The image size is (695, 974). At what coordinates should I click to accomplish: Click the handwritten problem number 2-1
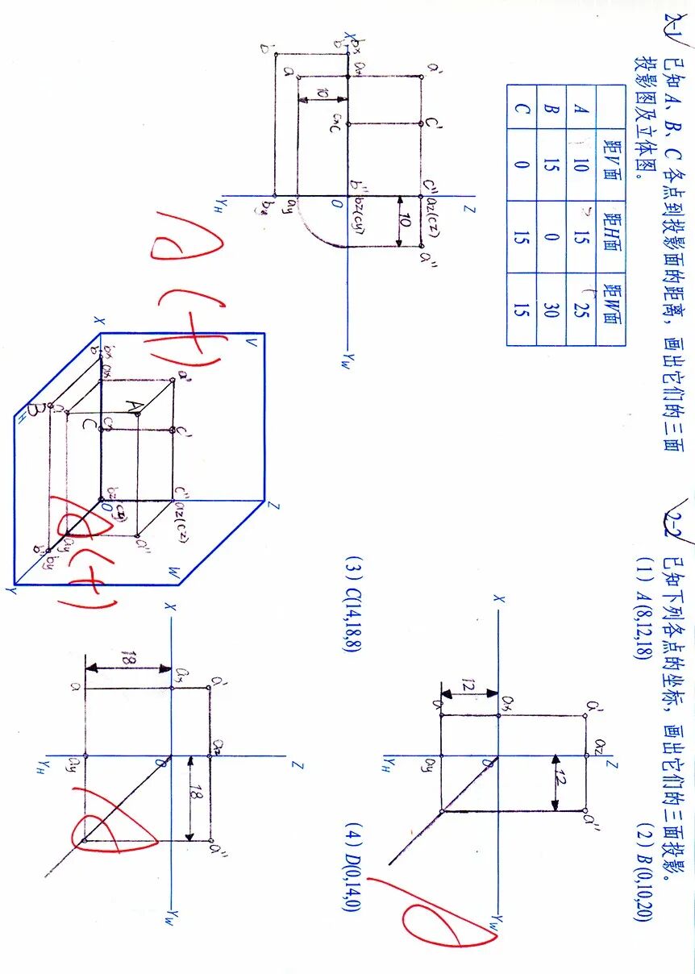coord(673,29)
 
